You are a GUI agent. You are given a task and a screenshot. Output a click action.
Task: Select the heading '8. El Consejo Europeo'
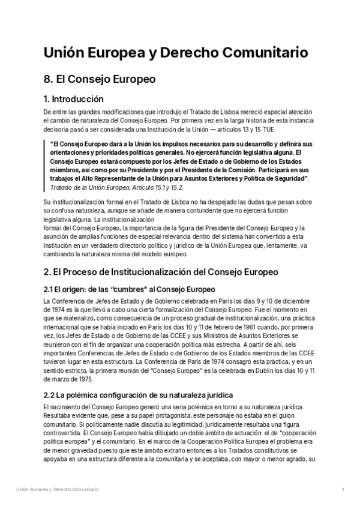[100, 79]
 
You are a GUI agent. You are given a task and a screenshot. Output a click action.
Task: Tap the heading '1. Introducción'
[74, 99]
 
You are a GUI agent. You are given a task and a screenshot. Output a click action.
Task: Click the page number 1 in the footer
[341, 490]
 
